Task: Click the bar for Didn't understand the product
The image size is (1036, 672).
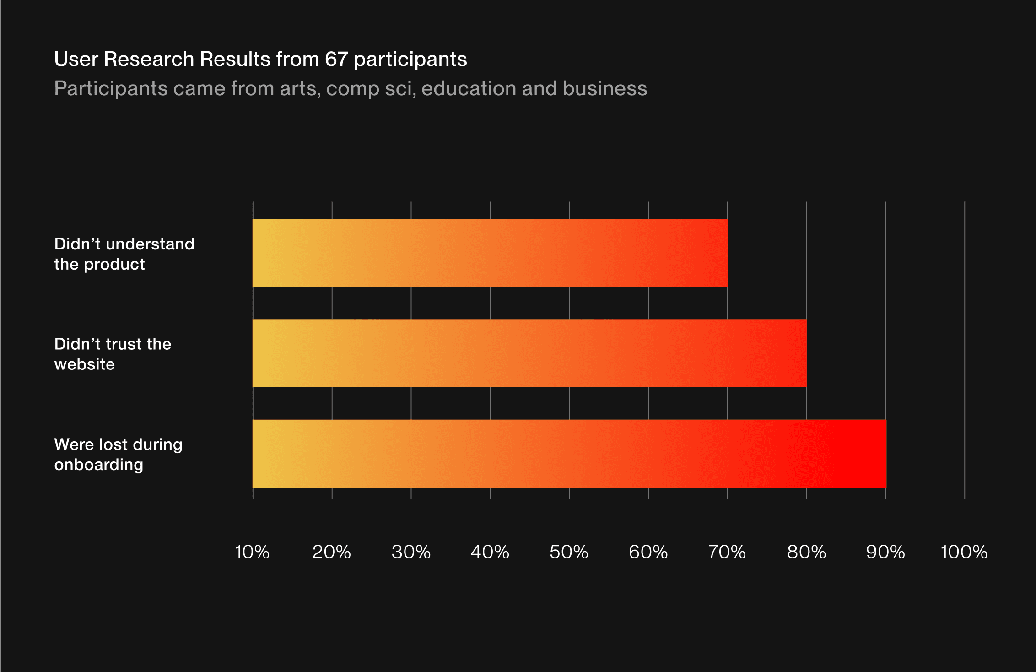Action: click(x=490, y=253)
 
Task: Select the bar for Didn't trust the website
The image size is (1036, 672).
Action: click(x=529, y=353)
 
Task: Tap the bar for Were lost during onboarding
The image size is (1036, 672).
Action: click(x=569, y=453)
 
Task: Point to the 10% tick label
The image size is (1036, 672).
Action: click(x=252, y=552)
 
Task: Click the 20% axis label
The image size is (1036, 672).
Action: click(x=331, y=552)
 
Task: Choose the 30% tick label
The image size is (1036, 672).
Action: click(x=411, y=552)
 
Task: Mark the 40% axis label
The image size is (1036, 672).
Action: click(x=490, y=552)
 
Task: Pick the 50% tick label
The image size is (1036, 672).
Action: click(x=569, y=552)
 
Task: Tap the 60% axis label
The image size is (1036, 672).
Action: click(x=648, y=552)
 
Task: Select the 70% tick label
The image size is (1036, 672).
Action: click(x=727, y=552)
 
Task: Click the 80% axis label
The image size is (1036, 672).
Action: click(x=806, y=552)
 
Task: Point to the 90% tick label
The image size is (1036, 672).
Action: click(x=885, y=552)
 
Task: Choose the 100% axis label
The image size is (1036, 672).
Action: click(x=964, y=552)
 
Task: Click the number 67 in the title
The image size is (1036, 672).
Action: click(x=336, y=59)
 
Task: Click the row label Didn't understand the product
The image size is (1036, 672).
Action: click(x=124, y=254)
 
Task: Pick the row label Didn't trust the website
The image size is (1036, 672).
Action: click(x=113, y=354)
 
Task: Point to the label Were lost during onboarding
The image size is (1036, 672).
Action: click(x=118, y=454)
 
